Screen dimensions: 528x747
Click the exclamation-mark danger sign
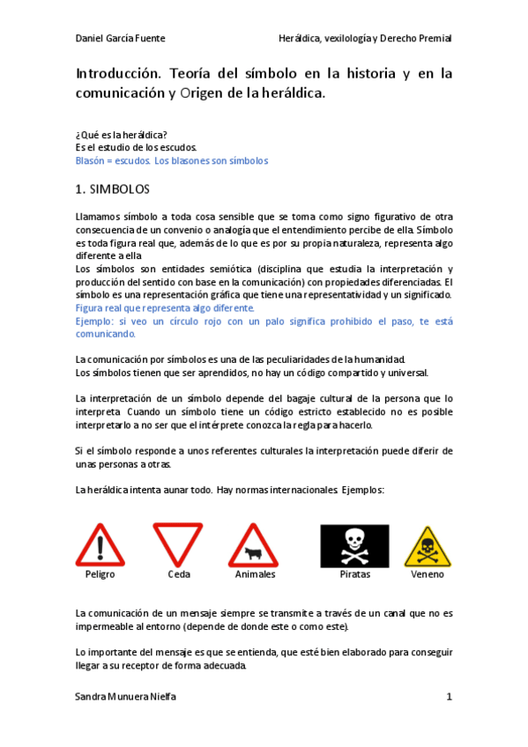click(100, 545)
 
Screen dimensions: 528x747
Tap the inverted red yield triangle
click(177, 544)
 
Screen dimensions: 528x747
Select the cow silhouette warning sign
click(254, 546)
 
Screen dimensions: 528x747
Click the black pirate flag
click(354, 545)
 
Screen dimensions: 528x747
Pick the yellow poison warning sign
click(428, 547)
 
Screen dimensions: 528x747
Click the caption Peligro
click(100, 574)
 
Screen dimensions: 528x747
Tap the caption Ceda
click(178, 574)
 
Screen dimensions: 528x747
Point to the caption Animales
click(255, 574)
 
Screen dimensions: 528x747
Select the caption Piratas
click(354, 574)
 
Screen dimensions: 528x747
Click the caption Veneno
click(428, 574)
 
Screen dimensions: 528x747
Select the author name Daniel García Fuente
click(121, 39)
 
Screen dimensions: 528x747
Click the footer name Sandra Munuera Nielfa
click(126, 697)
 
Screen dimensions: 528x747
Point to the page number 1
click(449, 697)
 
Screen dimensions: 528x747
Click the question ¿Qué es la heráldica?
click(122, 135)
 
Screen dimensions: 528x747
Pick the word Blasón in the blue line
click(92, 161)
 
